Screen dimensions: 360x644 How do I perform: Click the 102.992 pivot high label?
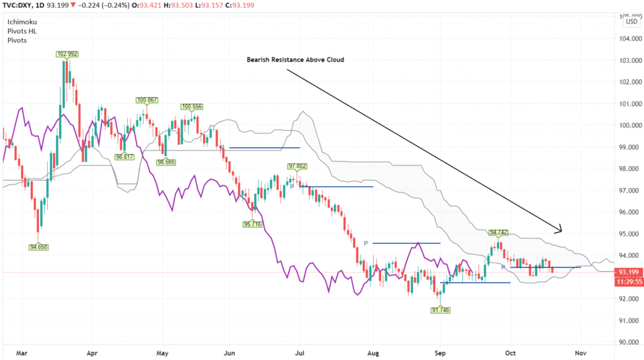(67, 54)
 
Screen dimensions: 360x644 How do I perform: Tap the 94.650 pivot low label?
(39, 247)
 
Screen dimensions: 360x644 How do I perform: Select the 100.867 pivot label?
(147, 100)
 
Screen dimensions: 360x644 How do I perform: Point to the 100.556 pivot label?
(192, 106)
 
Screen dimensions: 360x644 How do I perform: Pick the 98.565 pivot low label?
(166, 162)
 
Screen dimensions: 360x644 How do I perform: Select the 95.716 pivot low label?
(253, 223)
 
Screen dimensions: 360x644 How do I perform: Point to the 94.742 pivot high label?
(498, 232)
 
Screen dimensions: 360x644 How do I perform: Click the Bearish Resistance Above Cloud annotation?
(295, 60)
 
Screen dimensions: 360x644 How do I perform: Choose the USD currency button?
(631, 22)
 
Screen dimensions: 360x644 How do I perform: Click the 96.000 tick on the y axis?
(625, 212)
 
